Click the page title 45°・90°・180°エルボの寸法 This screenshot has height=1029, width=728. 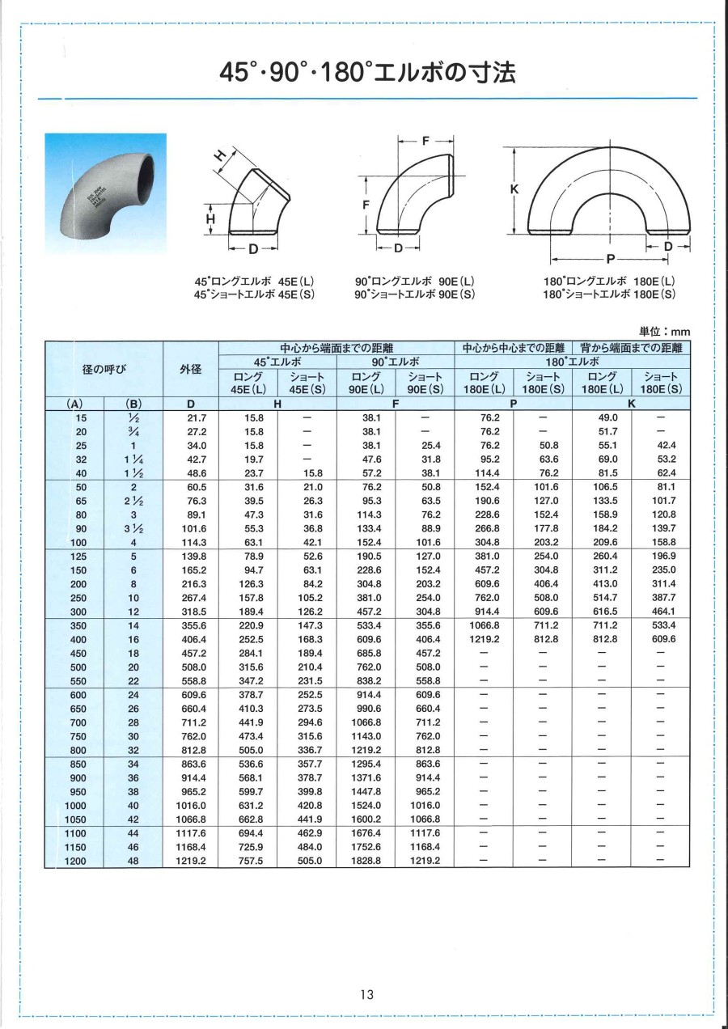click(x=368, y=74)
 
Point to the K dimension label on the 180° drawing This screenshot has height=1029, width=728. click(x=514, y=189)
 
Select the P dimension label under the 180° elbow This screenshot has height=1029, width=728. click(x=608, y=259)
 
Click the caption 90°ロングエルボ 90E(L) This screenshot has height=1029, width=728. click(x=415, y=282)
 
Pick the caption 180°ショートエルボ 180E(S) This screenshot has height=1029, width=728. click(x=609, y=294)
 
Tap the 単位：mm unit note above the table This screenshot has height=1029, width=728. click(x=665, y=332)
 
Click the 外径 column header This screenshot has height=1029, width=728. click(x=191, y=370)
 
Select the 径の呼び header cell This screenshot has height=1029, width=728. click(x=104, y=370)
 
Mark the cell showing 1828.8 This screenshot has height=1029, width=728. click(x=366, y=861)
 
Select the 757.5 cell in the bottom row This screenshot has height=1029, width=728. click(x=248, y=861)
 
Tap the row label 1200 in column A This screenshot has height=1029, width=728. click(x=75, y=861)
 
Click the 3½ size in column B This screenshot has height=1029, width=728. click(x=133, y=527)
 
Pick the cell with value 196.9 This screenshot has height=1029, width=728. click(x=662, y=556)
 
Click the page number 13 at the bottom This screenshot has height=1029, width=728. click(x=367, y=994)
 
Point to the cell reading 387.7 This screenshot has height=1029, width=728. click(x=662, y=597)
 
